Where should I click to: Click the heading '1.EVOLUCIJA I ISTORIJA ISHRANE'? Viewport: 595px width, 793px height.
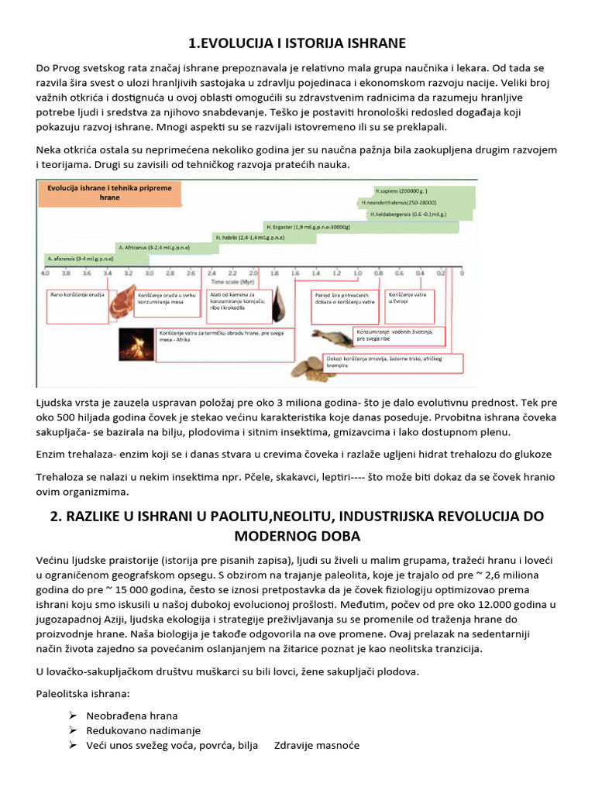point(297,42)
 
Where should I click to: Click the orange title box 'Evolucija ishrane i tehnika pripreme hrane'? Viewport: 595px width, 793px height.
point(109,193)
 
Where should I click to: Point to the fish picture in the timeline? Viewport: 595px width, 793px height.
point(333,336)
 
